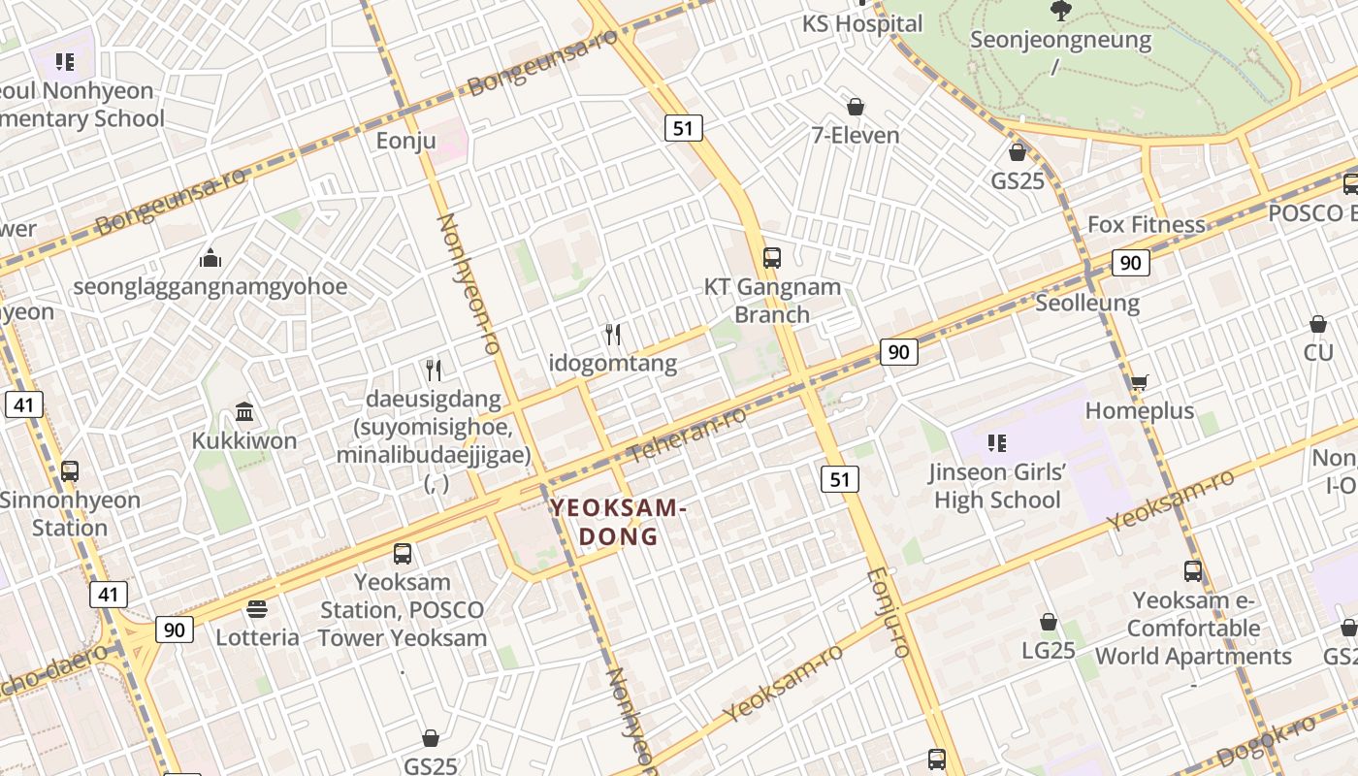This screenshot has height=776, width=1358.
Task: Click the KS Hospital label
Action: click(x=862, y=23)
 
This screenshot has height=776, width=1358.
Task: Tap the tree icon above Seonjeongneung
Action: click(x=1060, y=11)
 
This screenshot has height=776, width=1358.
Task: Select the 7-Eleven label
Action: click(x=856, y=135)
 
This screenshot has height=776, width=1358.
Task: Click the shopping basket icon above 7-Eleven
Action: click(x=856, y=107)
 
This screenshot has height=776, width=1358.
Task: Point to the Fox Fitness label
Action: click(x=1146, y=224)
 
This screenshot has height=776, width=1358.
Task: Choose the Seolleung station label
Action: click(x=1087, y=303)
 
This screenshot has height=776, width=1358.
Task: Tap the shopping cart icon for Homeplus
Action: click(x=1139, y=382)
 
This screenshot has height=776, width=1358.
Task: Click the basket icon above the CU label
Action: click(x=1318, y=324)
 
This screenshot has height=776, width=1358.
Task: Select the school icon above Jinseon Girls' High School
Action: click(x=996, y=444)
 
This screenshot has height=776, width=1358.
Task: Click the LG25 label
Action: click(x=1049, y=650)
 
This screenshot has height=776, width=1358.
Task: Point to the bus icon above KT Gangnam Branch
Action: click(x=772, y=258)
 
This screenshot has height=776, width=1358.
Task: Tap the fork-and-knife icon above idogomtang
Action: click(x=613, y=335)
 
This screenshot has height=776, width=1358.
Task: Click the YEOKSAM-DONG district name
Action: click(x=619, y=522)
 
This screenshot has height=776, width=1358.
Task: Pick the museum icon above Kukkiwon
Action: click(x=244, y=412)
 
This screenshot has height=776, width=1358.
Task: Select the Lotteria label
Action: click(x=257, y=637)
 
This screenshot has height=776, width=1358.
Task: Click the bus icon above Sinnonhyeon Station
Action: click(x=70, y=471)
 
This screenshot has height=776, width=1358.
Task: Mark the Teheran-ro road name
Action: click(x=688, y=434)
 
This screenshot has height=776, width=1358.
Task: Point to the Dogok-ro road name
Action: click(x=1265, y=740)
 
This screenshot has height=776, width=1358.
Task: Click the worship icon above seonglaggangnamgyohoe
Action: click(x=210, y=258)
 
